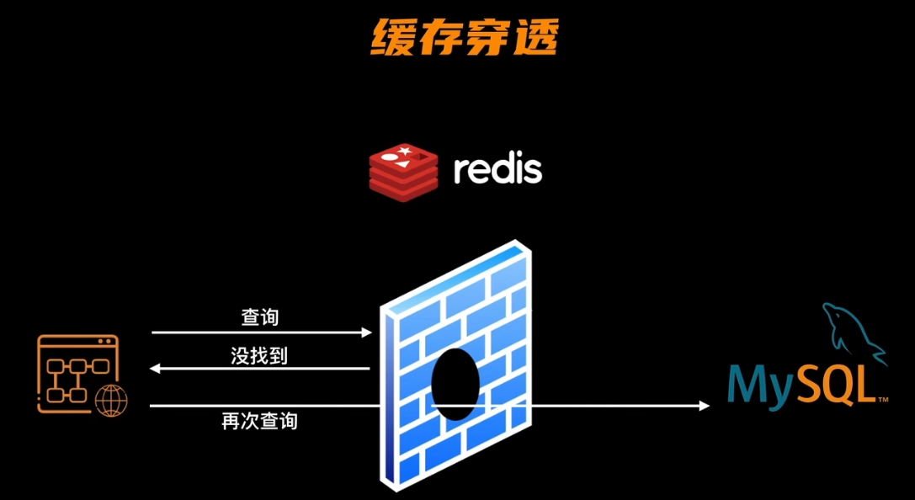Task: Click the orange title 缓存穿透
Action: (464, 36)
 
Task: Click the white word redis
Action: (497, 168)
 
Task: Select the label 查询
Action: (260, 317)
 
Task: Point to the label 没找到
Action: (259, 355)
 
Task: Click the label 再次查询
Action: (259, 422)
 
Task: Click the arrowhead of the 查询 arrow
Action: (367, 332)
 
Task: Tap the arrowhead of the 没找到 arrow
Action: (155, 369)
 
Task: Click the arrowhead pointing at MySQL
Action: (705, 406)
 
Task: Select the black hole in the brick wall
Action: (455, 384)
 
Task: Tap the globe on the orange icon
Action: (111, 400)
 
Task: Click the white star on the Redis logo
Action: (405, 151)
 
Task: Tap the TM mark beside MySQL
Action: (883, 401)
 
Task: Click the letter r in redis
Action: (460, 171)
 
